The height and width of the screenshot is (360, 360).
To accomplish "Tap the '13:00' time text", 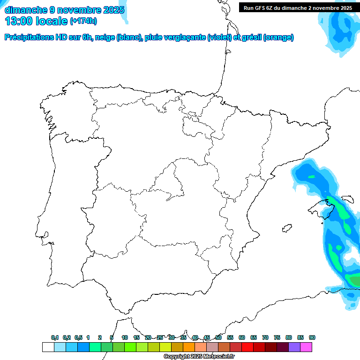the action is [x=19, y=21].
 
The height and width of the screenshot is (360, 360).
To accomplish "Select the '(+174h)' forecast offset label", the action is [x=83, y=21].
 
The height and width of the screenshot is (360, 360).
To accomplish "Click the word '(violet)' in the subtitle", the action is [x=220, y=37].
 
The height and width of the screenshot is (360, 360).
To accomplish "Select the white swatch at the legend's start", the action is [x=48, y=347].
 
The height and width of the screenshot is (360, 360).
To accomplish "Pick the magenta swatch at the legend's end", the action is [x=306, y=347].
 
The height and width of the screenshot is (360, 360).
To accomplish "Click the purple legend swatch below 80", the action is [x=294, y=347].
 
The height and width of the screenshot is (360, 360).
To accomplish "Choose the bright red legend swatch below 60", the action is [x=247, y=347].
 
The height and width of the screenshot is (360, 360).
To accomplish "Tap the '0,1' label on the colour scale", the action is [x=55, y=337].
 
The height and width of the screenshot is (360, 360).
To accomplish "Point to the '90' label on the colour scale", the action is [x=312, y=337].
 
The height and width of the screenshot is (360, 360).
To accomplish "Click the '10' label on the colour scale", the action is [x=125, y=337].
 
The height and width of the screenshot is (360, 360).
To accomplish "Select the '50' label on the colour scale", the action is [x=218, y=337].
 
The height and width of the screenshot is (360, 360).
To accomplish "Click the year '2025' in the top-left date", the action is [x=114, y=10].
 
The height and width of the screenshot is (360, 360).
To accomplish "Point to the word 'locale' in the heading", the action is [x=51, y=21].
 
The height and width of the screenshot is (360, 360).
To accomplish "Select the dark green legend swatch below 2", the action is [x=106, y=347].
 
